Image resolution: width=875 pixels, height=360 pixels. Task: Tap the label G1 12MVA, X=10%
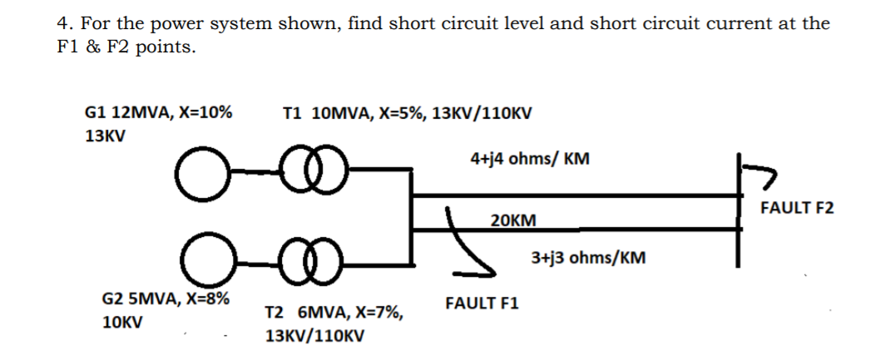[x=159, y=111]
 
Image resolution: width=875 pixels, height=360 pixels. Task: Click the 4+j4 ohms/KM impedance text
[x=530, y=158]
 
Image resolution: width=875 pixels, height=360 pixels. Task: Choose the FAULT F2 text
[x=796, y=207]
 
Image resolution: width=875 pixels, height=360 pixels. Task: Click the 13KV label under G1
[x=106, y=137]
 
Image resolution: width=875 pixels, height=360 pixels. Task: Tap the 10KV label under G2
[x=120, y=323]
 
